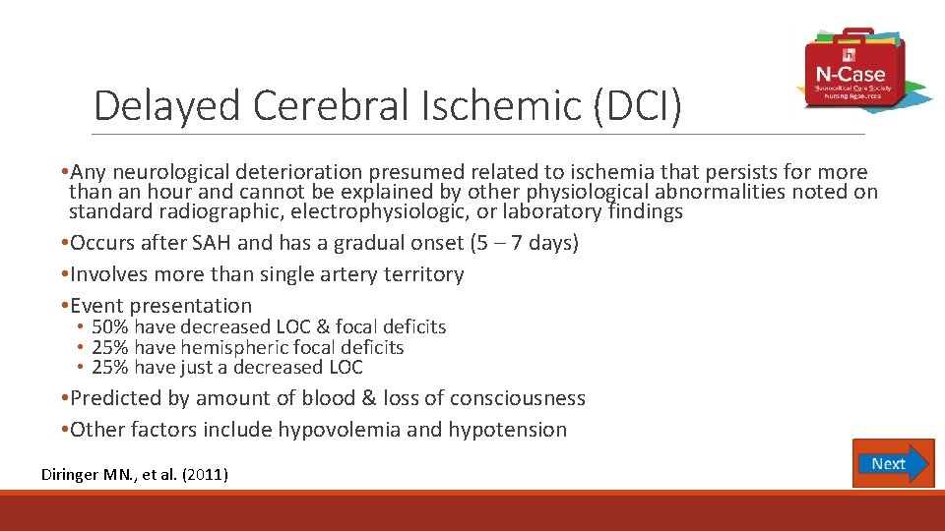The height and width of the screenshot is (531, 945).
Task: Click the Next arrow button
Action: click(x=893, y=463)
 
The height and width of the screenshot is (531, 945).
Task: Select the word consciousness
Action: click(x=519, y=398)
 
